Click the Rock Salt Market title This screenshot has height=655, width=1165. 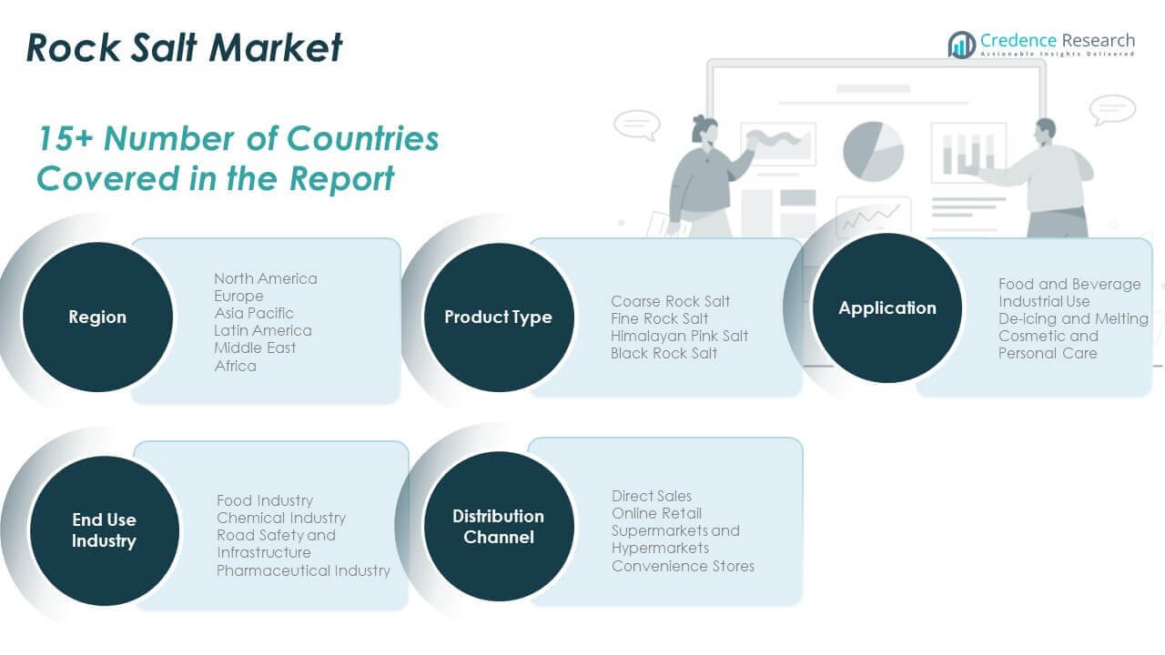click(184, 47)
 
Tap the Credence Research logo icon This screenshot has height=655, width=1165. click(962, 45)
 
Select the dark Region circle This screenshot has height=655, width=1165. click(97, 317)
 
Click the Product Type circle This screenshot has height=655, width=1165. click(498, 317)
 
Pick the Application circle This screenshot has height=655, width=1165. click(887, 307)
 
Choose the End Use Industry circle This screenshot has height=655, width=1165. click(105, 530)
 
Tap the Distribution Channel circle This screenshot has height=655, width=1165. click(498, 526)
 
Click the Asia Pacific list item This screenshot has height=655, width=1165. click(254, 313)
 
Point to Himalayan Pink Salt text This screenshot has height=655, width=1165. click(679, 337)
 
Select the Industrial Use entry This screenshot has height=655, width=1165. click(1044, 301)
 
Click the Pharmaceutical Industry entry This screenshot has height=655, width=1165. click(303, 570)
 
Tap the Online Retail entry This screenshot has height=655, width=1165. click(656, 514)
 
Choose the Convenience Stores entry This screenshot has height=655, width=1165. click(683, 566)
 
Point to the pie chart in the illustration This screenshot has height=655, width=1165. click(873, 151)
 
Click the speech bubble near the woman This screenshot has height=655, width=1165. click(637, 125)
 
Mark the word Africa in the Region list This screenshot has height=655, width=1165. click(235, 366)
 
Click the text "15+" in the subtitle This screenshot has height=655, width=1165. click(65, 139)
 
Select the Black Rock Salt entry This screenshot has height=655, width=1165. click(664, 354)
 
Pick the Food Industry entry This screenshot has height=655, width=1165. click(265, 500)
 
